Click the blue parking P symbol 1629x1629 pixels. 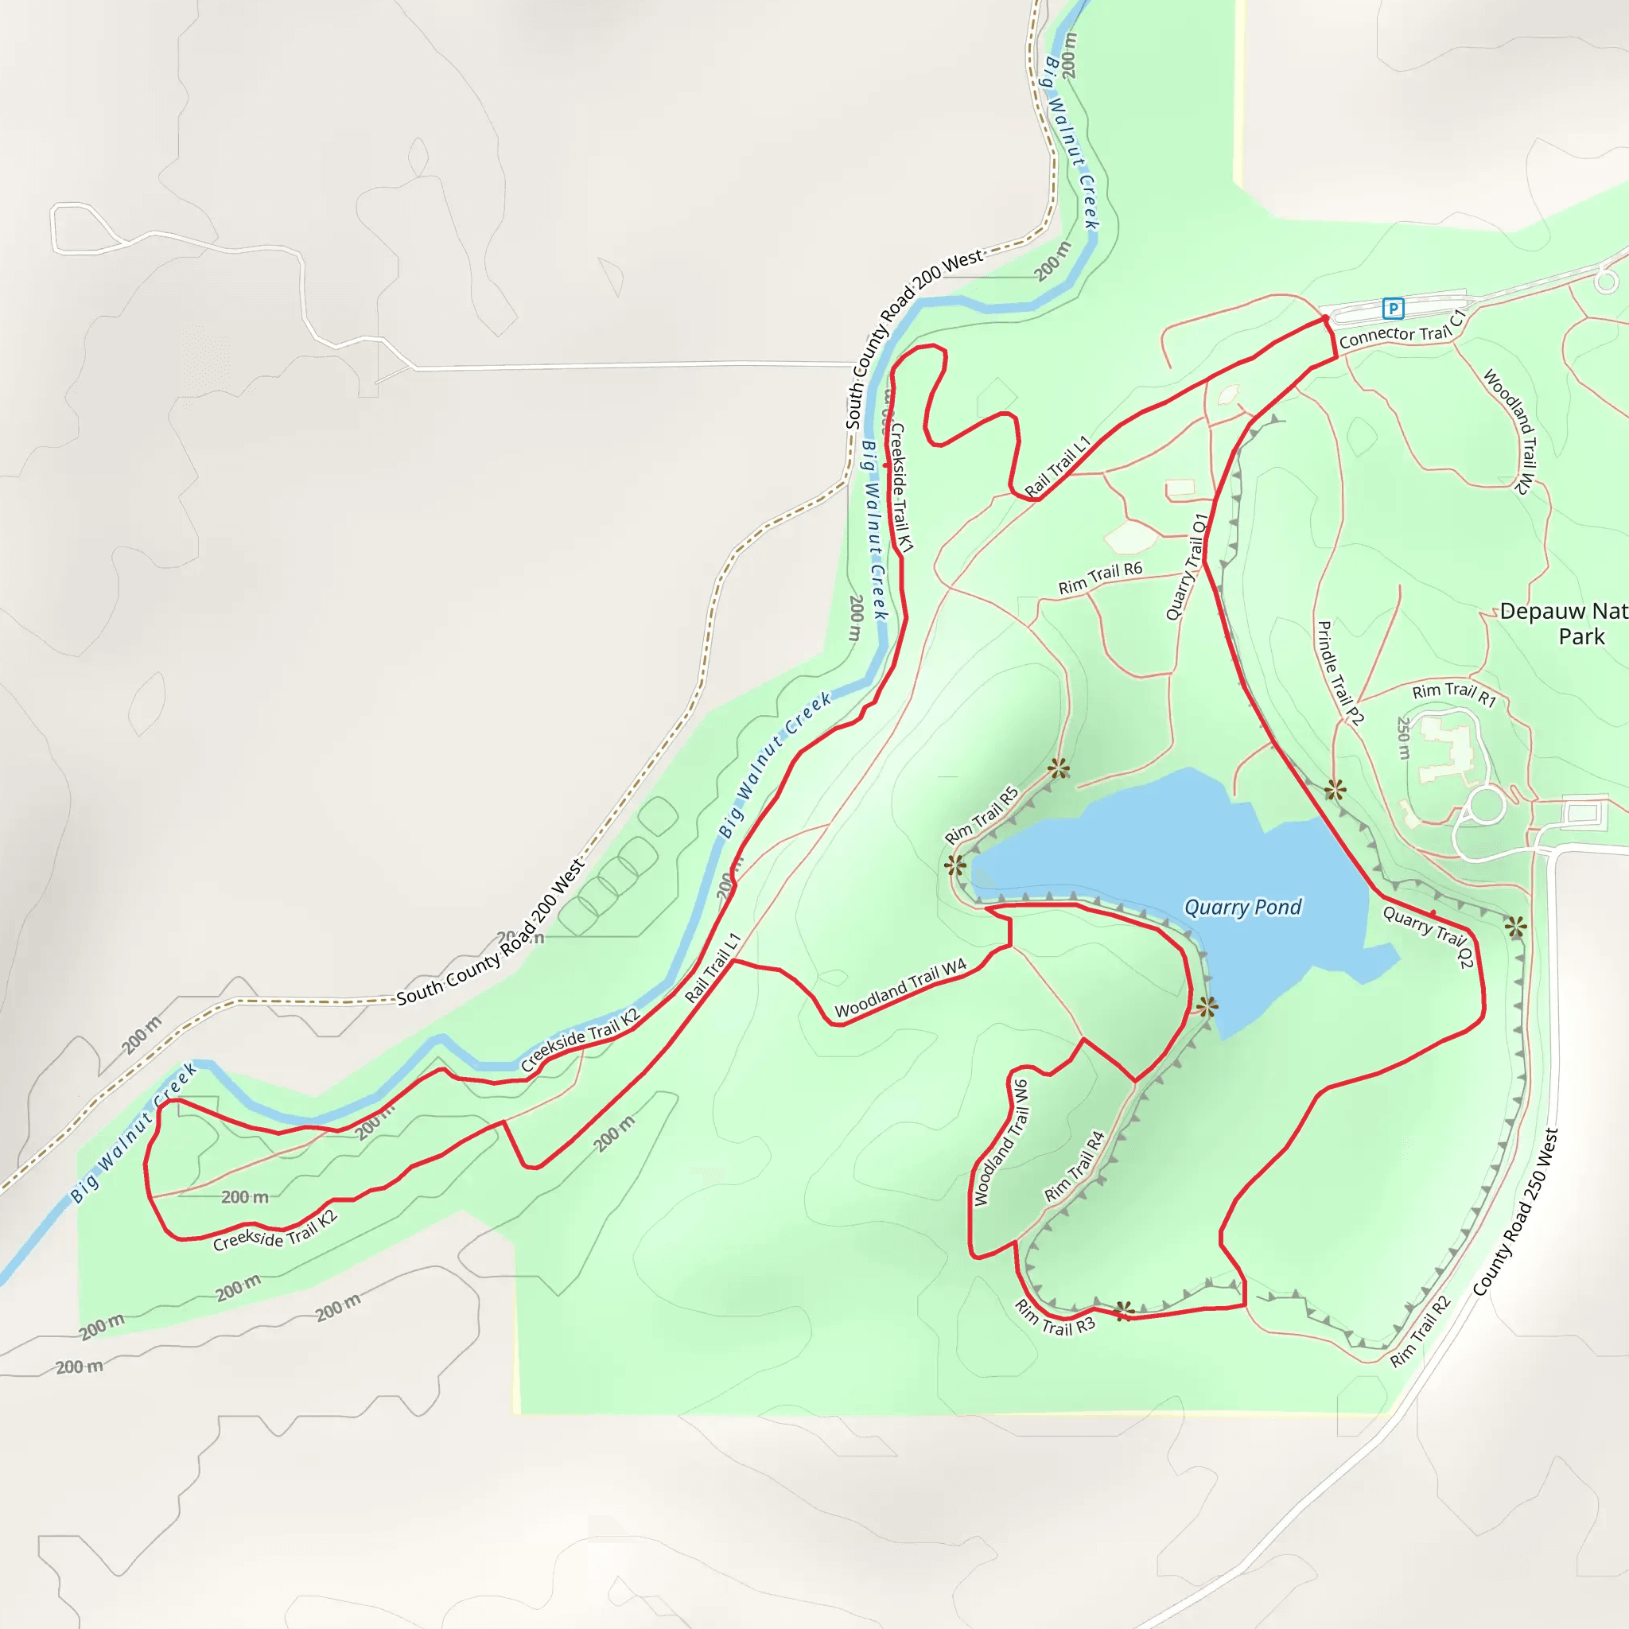click(x=1393, y=309)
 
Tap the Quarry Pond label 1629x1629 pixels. click(x=1243, y=908)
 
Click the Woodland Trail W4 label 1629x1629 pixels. click(x=900, y=988)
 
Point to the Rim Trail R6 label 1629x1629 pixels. click(x=1100, y=577)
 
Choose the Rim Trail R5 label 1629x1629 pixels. click(x=982, y=815)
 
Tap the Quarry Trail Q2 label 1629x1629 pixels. click(x=1429, y=936)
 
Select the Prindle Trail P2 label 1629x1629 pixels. click(x=1339, y=673)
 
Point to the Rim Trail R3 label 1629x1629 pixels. click(x=1055, y=1318)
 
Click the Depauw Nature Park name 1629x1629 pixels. click(x=1564, y=623)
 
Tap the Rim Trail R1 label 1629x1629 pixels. click(x=1454, y=694)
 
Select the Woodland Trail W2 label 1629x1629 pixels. click(x=1508, y=432)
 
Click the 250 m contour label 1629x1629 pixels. click(x=1404, y=738)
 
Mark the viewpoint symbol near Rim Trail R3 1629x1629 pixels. click(x=1124, y=1310)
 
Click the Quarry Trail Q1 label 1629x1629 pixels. click(x=1188, y=566)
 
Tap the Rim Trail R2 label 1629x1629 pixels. click(x=1421, y=1332)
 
